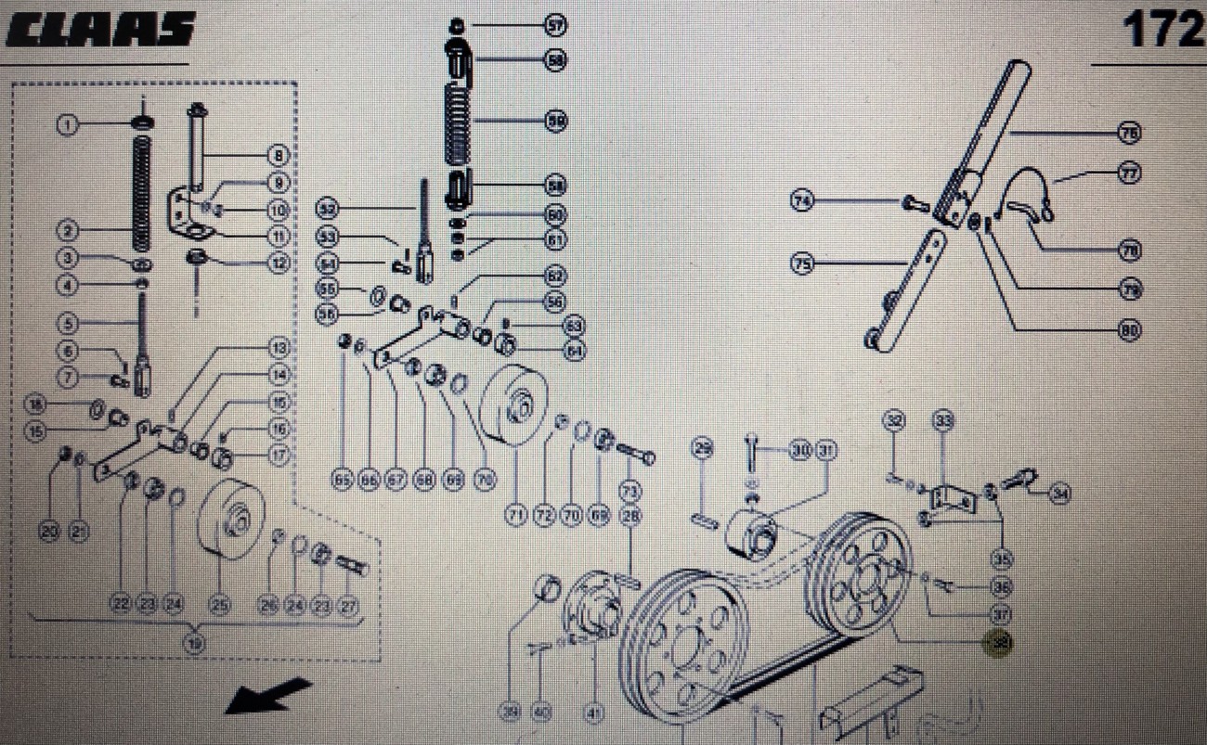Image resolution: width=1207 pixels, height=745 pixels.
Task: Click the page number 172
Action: coord(1162,31)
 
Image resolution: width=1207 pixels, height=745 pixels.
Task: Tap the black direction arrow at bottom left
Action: coord(268,696)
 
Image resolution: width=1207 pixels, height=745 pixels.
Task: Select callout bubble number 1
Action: coord(67,123)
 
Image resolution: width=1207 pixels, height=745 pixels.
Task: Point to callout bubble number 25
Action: coord(219,604)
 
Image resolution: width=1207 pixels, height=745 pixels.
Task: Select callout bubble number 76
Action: coord(1129,135)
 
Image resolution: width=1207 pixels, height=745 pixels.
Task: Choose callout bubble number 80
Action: coord(1129,329)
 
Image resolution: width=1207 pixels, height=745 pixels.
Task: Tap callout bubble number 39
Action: coord(510,713)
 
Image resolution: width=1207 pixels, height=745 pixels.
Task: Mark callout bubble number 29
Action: coord(703,451)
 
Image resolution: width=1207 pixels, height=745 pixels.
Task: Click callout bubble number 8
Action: coord(278,155)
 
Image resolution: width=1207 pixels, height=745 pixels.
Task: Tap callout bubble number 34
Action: coord(1059,495)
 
